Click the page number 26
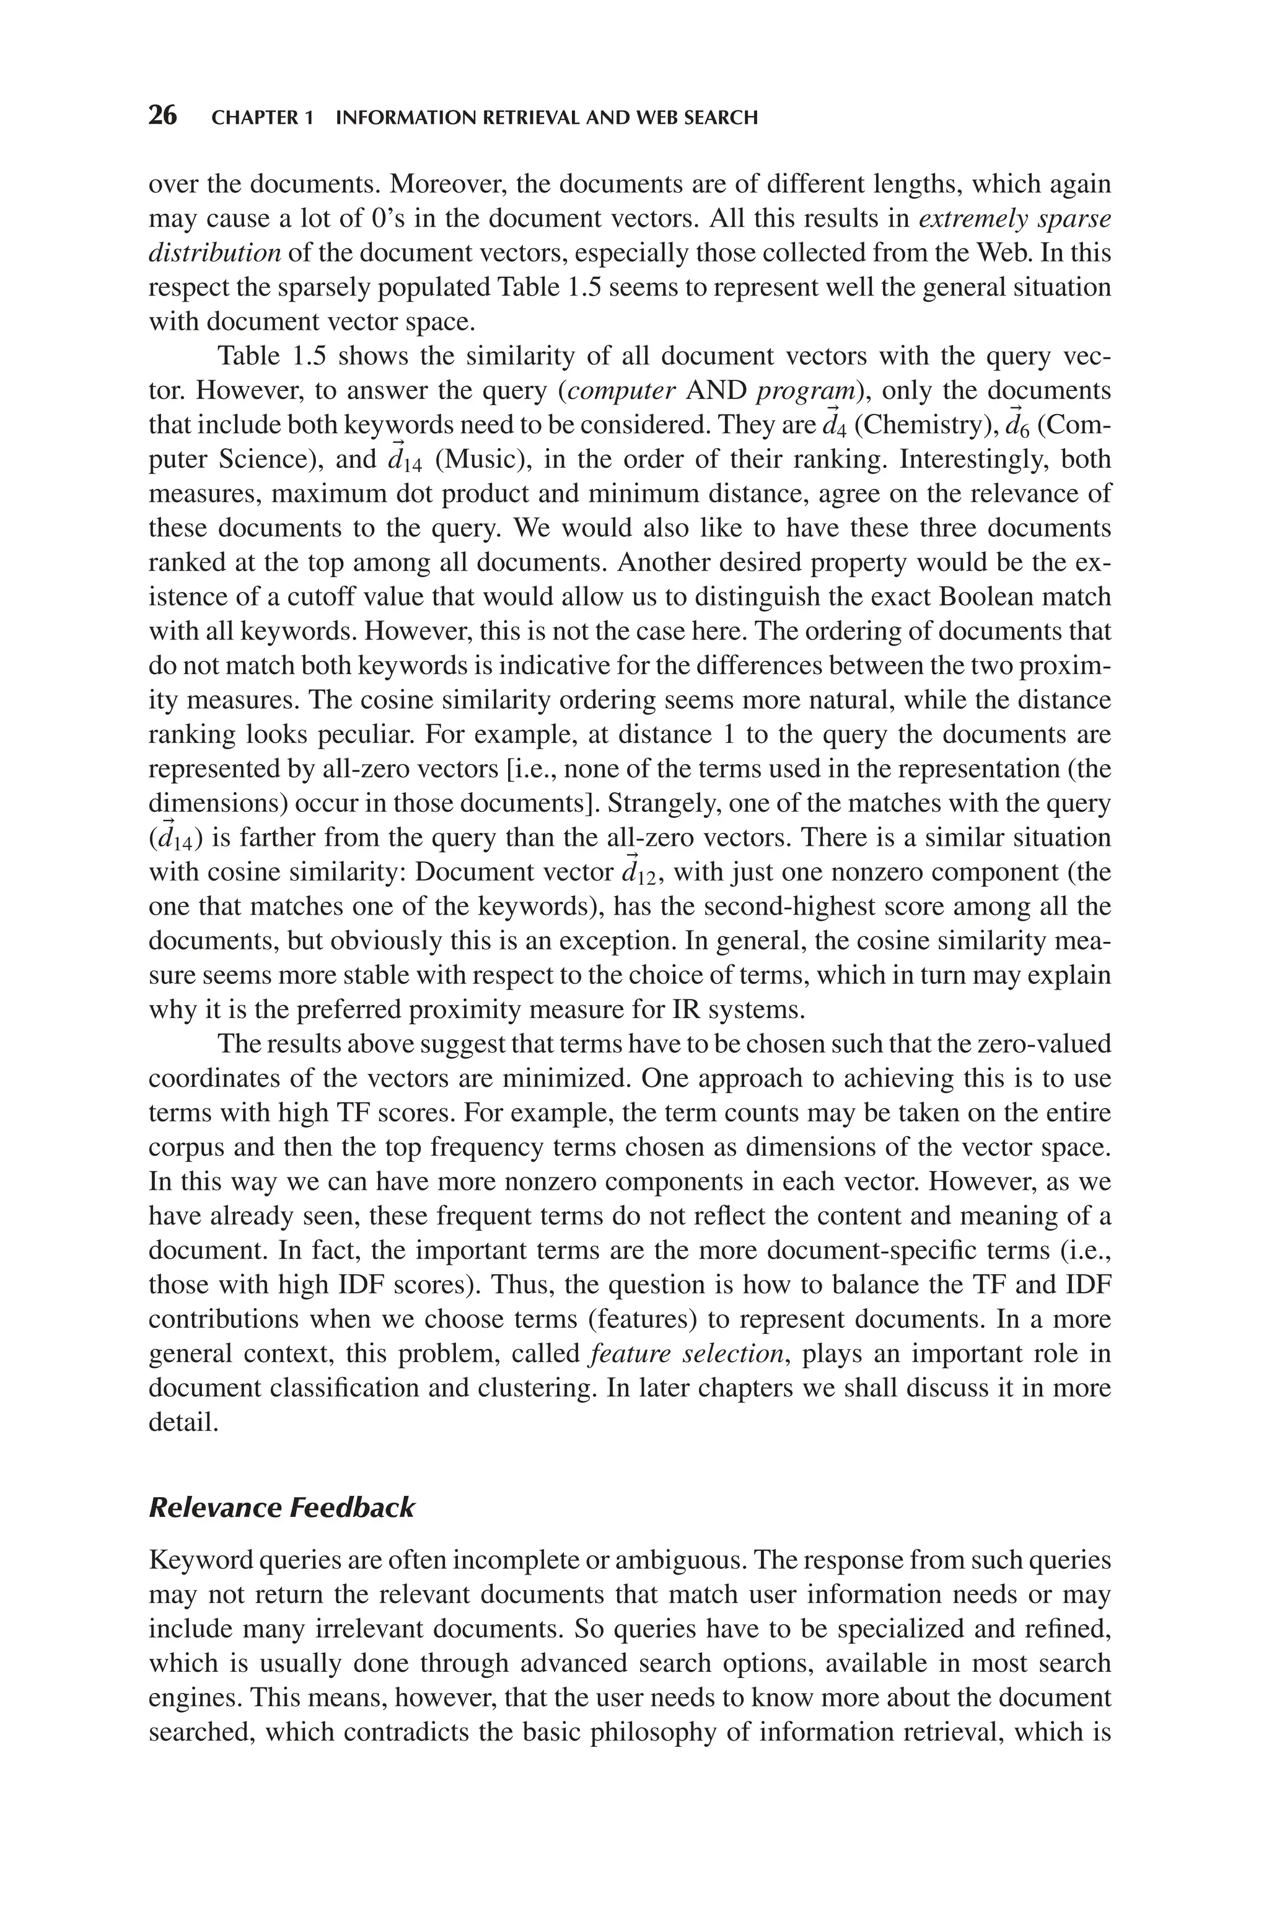click(163, 116)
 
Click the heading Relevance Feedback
click(282, 1508)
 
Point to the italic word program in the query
click(806, 391)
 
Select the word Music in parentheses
click(478, 460)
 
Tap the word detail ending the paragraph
click(183, 1422)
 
